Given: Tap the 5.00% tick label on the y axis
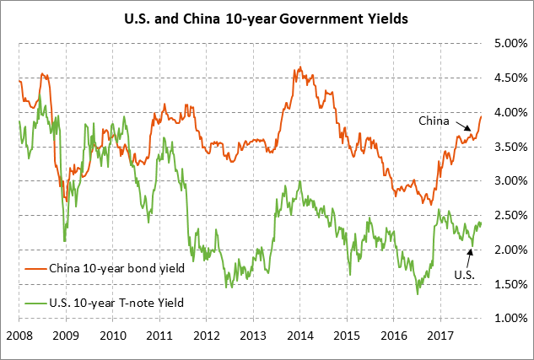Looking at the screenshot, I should [509, 43].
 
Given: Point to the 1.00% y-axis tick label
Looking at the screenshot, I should [509, 318].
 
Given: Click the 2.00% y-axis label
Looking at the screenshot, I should [509, 250].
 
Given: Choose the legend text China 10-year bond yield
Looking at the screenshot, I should [116, 271].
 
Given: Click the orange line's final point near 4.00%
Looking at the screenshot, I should [481, 116].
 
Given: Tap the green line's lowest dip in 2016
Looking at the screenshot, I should [418, 293].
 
